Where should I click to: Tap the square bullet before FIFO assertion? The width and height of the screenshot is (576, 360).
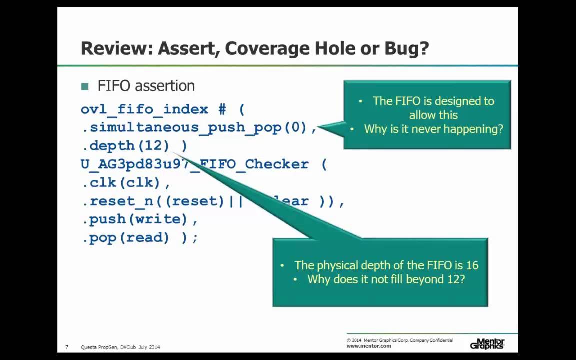coord(84,86)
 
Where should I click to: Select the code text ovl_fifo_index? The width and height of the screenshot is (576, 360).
coord(144,109)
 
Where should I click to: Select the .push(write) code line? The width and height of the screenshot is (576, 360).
coord(139,219)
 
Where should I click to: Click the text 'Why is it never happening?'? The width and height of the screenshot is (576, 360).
coord(433,129)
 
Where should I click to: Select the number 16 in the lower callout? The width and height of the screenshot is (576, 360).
coord(472,265)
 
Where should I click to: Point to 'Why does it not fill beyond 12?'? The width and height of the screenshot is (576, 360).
coord(386,279)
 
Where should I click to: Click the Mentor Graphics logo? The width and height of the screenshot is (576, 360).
coord(487,343)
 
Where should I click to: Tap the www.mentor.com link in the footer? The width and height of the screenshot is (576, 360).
coord(369,346)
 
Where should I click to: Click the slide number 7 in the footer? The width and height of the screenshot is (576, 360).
coord(67,347)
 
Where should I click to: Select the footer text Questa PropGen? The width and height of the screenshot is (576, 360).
coord(99,347)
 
